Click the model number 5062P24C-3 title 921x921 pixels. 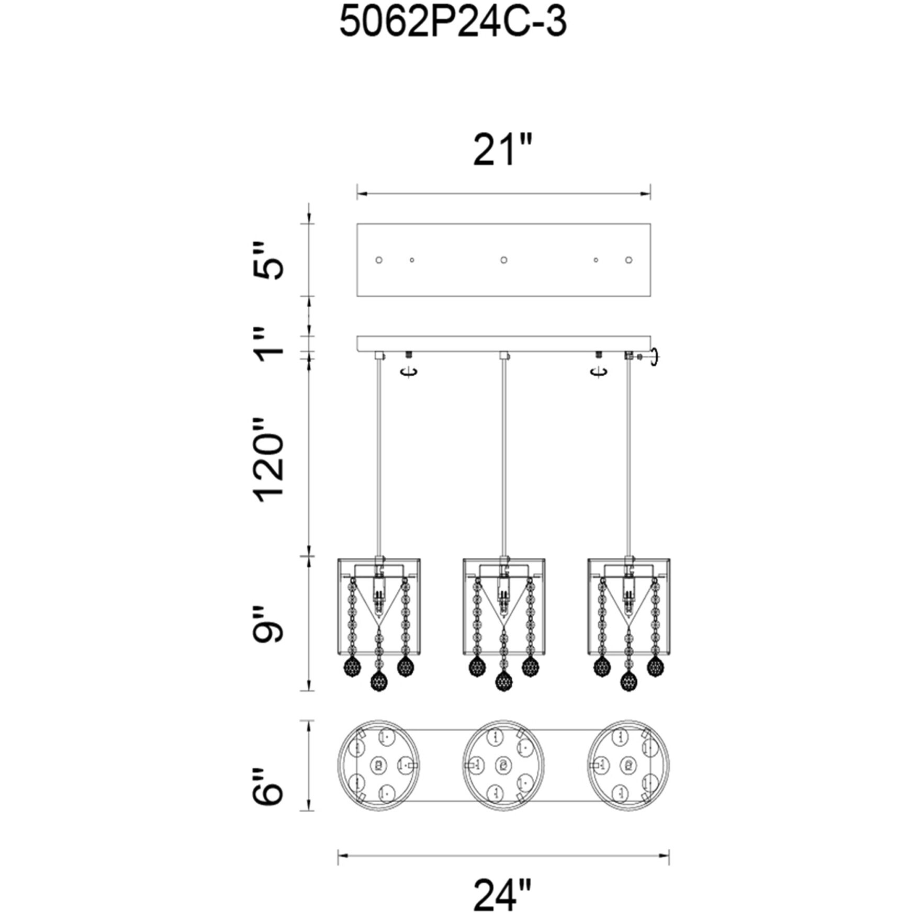(453, 24)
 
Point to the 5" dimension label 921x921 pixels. (268, 261)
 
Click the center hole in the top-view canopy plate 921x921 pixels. (503, 260)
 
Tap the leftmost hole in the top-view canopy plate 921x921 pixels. (379, 260)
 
